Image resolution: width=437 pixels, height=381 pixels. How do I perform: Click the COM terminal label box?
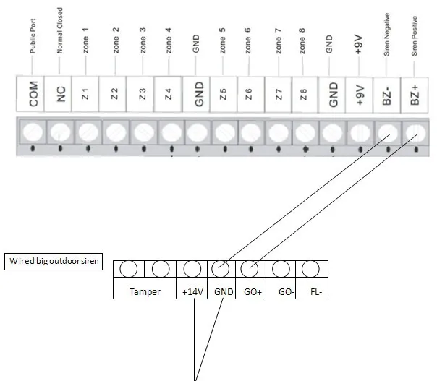pos(30,94)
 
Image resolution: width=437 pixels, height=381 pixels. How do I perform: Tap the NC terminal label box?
pos(58,94)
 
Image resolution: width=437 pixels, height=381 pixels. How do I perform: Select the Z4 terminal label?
pos(168,94)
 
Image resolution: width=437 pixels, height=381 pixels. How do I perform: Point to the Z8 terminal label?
pos(304,95)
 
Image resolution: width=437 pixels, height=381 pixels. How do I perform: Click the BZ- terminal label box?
pos(386,95)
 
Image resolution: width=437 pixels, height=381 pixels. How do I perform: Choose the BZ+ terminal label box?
pos(415,95)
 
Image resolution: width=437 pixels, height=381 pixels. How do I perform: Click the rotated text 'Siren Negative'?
pos(386,35)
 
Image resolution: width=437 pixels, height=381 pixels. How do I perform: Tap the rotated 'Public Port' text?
pos(33,36)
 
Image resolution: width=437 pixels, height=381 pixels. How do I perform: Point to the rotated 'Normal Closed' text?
pos(59,30)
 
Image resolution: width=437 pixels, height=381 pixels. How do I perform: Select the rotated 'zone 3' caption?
pos(143,40)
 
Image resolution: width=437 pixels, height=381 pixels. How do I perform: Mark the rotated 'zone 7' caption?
pos(279,41)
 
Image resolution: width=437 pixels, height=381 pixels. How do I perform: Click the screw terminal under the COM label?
pos(33,132)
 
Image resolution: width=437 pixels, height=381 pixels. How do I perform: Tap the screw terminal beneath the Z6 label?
pos(251,132)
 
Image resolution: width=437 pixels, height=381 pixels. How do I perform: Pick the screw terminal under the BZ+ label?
pos(416,133)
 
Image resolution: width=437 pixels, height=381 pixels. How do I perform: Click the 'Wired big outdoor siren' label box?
pos(54,262)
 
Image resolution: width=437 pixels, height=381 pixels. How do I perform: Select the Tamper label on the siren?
pos(145,291)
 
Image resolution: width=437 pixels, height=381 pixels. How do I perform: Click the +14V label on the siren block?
pos(192,292)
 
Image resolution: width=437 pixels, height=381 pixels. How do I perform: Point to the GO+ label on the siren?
pos(253,292)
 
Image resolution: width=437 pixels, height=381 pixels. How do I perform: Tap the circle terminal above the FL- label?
pos(310,269)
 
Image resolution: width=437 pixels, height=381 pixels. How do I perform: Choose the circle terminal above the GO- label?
pos(281,269)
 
